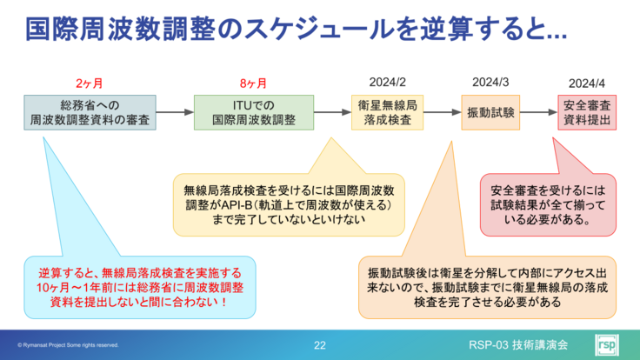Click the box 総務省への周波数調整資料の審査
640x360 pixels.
90,113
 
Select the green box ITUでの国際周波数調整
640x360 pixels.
254,113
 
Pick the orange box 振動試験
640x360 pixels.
491,113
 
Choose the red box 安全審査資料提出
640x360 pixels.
587,113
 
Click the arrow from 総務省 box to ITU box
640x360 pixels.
175,113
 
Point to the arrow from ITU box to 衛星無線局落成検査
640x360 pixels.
332,113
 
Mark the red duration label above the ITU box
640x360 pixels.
252,83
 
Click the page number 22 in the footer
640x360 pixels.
320,345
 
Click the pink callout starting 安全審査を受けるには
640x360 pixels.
548,204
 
